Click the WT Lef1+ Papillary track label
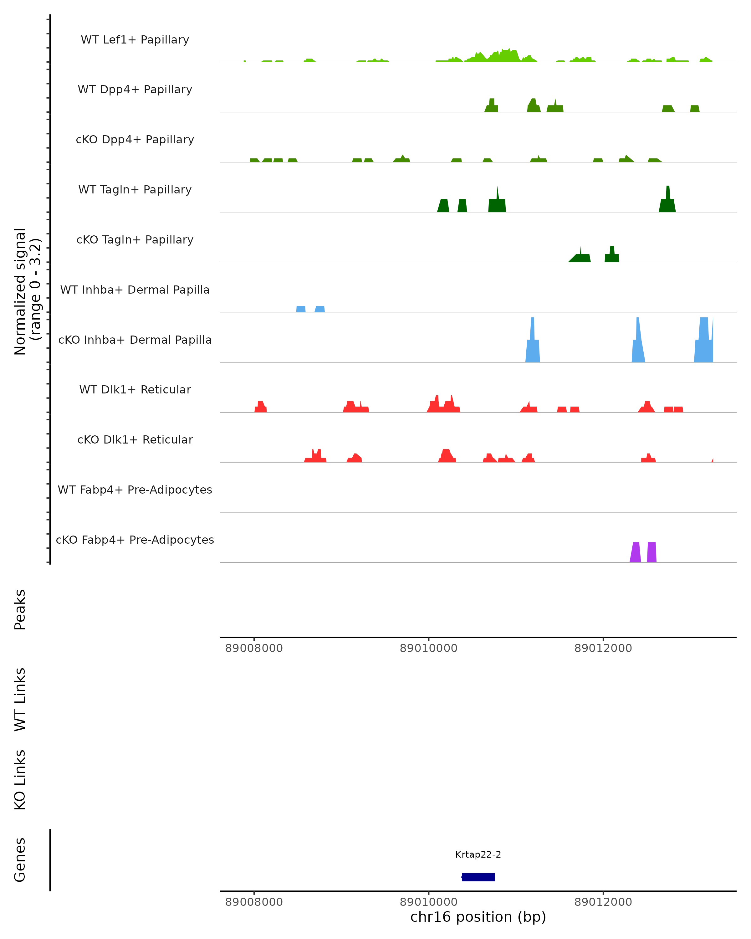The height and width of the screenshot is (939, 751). (135, 40)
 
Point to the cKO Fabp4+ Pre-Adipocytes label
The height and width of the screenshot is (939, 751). (135, 540)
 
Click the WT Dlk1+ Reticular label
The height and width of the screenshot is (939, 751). (135, 389)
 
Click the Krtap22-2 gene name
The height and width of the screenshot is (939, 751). (478, 854)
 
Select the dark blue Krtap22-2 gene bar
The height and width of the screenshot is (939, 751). (478, 877)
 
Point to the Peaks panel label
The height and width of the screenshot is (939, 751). (20, 609)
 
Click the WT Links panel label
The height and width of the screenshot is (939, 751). (20, 699)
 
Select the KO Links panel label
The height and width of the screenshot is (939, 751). (20, 780)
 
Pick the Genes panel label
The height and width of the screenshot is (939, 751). (20, 860)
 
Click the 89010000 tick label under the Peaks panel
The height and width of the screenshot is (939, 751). (428, 648)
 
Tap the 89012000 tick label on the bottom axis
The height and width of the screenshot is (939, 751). (603, 902)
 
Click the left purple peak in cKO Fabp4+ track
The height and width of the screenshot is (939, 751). (635, 553)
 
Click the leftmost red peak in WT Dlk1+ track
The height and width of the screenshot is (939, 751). (260, 407)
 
